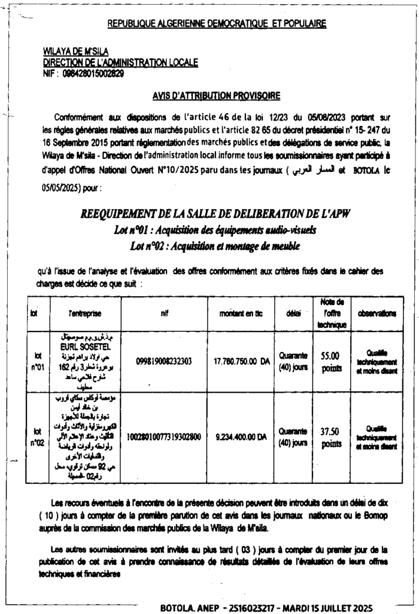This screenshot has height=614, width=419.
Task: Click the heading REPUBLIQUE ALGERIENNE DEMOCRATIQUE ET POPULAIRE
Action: coord(217,24)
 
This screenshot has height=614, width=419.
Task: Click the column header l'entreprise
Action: coord(84,313)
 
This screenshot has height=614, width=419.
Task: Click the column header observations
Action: coord(377,313)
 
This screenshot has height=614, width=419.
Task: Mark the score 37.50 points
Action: coord(330,437)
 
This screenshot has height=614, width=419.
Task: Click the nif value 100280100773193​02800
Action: coord(163,438)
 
